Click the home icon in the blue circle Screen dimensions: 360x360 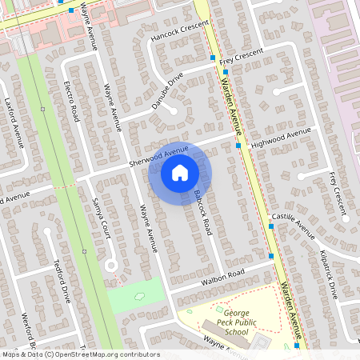click(x=180, y=172)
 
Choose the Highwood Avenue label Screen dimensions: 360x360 click(x=280, y=138)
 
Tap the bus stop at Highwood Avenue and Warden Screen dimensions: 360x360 click(x=238, y=146)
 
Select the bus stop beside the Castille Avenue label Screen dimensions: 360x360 click(x=271, y=226)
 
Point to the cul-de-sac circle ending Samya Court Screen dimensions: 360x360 click(x=111, y=265)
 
